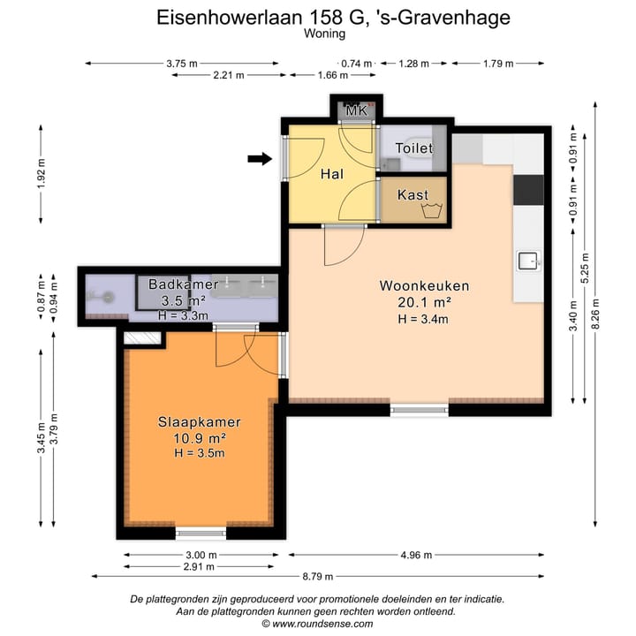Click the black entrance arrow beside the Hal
(x=260, y=159)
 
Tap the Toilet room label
(x=413, y=148)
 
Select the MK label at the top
(x=356, y=110)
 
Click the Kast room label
(x=413, y=194)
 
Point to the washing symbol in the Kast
(x=432, y=210)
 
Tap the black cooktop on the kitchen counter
(x=528, y=189)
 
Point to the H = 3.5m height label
(x=199, y=453)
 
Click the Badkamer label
(x=183, y=284)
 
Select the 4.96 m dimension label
(x=415, y=555)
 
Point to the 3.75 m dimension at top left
(x=181, y=64)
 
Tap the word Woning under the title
(x=324, y=34)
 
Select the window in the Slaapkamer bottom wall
(x=201, y=533)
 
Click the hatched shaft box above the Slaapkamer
(x=141, y=337)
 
